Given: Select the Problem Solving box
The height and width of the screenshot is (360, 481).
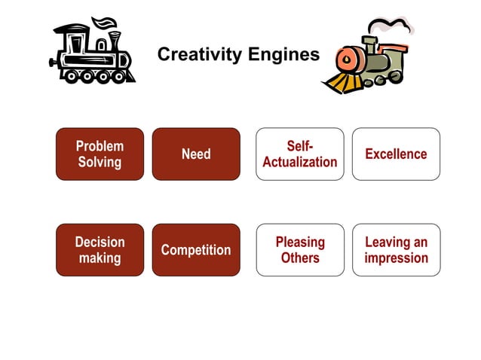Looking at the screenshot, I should click(x=100, y=154).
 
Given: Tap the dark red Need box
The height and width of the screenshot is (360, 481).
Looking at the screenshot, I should click(x=196, y=154).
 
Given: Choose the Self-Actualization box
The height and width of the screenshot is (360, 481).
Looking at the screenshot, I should click(x=299, y=154).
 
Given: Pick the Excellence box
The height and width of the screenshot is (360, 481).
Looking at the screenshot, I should click(x=396, y=154).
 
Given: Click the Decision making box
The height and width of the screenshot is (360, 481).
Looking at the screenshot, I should click(x=100, y=249).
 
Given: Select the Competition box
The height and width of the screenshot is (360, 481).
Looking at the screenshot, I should click(x=196, y=249).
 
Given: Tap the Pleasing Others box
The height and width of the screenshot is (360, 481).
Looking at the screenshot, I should click(x=299, y=249).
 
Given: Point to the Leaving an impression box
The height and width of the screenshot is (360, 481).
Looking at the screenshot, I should click(x=396, y=249).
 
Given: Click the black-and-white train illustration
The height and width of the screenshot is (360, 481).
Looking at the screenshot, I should click(x=93, y=53).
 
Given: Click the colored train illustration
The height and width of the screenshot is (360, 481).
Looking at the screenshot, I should click(x=369, y=60).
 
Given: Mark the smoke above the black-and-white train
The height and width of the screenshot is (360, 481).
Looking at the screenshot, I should click(x=106, y=23).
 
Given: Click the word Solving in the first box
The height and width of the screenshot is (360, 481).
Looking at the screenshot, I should click(x=100, y=162).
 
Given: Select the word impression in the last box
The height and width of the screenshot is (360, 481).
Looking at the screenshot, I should click(x=396, y=258).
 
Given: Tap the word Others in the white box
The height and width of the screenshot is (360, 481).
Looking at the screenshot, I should click(x=299, y=258).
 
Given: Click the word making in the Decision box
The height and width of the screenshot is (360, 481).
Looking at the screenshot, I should click(x=100, y=258).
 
